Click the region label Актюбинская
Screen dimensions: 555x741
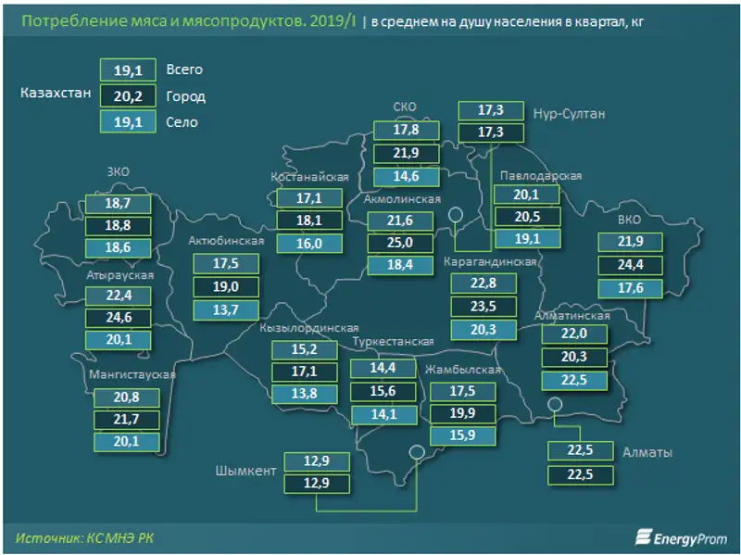click(226, 242)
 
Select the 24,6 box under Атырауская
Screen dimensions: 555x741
click(118, 320)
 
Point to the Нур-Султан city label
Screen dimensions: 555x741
click(569, 114)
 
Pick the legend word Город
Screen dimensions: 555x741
click(185, 96)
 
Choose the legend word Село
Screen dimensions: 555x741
click(182, 121)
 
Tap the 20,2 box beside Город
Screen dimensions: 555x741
click(128, 95)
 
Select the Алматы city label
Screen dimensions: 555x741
click(647, 453)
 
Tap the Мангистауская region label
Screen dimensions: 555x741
click(132, 375)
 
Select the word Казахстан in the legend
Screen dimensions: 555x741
click(55, 94)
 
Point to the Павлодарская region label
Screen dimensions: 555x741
click(540, 176)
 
